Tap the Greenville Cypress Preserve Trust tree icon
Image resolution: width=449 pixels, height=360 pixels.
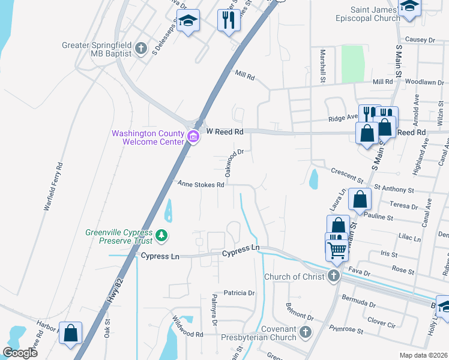161,236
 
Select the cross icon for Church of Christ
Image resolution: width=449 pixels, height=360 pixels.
334,276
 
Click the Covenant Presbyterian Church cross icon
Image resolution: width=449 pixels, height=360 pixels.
306,332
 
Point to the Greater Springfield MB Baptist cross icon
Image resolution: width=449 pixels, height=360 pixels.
141,48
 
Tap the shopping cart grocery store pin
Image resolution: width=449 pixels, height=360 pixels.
337,249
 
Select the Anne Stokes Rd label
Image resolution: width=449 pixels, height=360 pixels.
200,185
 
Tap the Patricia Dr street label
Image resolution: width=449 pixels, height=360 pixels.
239,293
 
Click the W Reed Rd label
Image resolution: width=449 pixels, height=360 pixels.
224,131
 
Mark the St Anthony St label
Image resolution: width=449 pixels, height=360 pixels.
394,188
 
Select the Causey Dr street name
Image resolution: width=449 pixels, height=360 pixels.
420,40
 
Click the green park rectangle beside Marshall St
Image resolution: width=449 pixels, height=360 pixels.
353,62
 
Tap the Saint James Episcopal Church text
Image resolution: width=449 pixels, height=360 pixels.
376,14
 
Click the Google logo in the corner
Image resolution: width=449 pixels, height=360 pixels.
19,353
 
